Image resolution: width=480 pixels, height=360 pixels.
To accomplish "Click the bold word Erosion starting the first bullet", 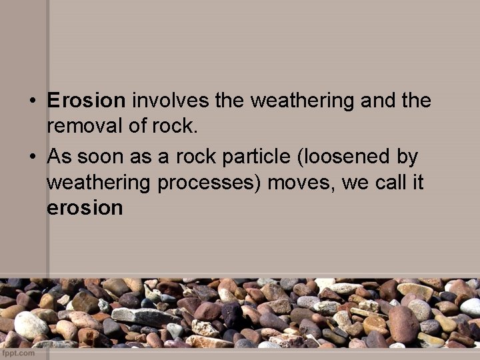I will (86, 101).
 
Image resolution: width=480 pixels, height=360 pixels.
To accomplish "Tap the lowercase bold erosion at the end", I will (85, 208).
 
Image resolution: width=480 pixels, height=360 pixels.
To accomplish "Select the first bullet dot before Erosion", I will (33, 102).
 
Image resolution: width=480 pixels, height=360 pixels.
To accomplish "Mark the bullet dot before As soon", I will (33, 158).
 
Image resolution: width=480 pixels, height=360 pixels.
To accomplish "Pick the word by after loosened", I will (407, 157).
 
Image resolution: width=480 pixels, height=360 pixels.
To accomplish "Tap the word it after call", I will (417, 183).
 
